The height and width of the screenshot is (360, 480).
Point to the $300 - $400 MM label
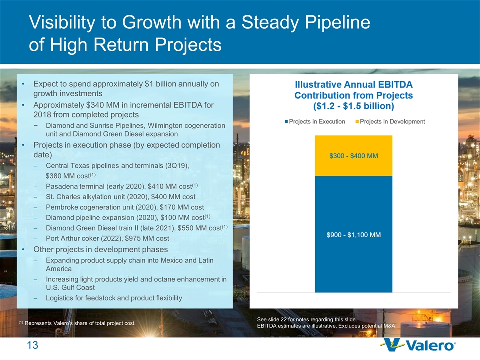[353, 156]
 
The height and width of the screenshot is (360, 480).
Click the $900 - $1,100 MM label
[353, 235]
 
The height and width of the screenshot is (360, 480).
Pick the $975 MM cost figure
[148, 238]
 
